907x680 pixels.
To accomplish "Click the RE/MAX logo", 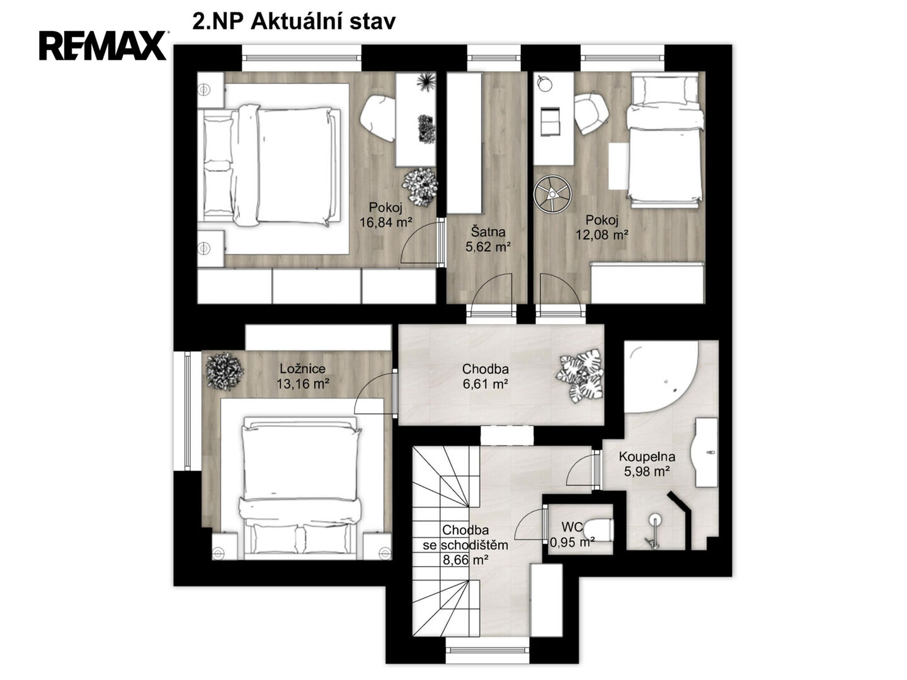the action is click(x=103, y=45).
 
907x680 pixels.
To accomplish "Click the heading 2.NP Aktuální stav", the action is click(x=294, y=21).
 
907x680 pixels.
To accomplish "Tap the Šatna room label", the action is click(x=488, y=232).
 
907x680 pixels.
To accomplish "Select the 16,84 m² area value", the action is click(x=385, y=222).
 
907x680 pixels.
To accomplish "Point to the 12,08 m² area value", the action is click(x=602, y=234).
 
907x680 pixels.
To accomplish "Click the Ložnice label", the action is click(x=302, y=368).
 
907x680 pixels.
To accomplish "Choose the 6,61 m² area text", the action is click(x=485, y=384).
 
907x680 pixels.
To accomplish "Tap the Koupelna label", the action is click(x=647, y=456).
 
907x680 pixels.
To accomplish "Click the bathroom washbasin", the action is click(x=706, y=452).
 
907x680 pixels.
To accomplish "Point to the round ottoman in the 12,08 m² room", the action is click(x=552, y=193).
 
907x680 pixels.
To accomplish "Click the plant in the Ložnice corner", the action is click(x=224, y=371).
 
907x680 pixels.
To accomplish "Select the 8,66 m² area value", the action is click(x=465, y=560).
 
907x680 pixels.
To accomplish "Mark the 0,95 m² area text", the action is click(x=572, y=541).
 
